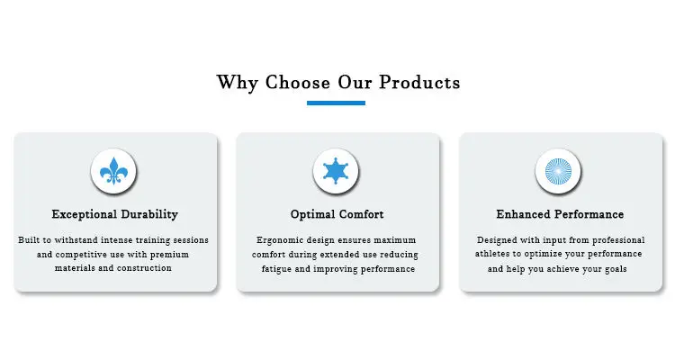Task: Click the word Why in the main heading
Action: tap(238, 83)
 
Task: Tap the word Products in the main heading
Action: tap(419, 82)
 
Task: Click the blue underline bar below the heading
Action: tap(336, 103)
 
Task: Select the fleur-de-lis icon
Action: tap(113, 171)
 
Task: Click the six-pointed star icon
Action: tap(336, 171)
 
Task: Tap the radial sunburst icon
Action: tap(558, 171)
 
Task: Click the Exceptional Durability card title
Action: tap(115, 214)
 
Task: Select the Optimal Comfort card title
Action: tap(337, 214)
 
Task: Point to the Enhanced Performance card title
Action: tap(560, 214)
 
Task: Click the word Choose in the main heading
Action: tap(298, 82)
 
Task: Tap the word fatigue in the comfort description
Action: tap(276, 269)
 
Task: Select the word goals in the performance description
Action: tap(615, 269)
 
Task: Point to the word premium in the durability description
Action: tap(169, 255)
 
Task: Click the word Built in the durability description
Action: tap(27, 240)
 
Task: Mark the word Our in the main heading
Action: tap(355, 82)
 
